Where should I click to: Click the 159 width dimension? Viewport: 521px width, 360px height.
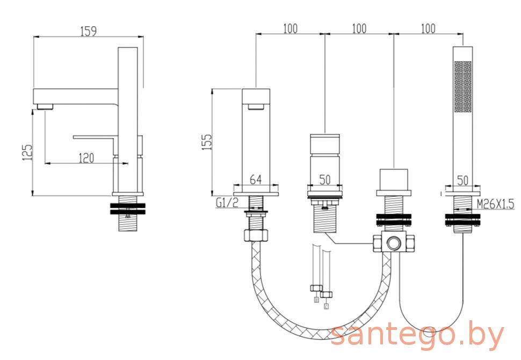pos(89,31)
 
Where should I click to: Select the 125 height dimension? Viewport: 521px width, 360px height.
pos(27,152)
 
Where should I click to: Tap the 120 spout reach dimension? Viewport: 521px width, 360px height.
pos(86,158)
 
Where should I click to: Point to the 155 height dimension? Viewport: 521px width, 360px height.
pos(207,142)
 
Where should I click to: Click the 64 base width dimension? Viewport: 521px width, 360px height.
pos(256,179)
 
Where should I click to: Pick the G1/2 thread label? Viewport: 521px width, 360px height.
pos(227,203)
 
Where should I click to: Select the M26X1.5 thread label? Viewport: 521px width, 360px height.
pos(495,204)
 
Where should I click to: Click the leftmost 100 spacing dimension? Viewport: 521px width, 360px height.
pos(291,28)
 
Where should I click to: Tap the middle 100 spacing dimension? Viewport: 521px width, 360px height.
pos(359,28)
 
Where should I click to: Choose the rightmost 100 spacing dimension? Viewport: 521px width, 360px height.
pos(428,28)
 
